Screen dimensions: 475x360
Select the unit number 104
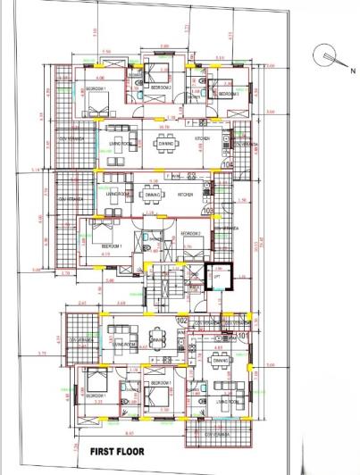(x=227, y=165)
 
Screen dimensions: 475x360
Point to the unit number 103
(x=209, y=212)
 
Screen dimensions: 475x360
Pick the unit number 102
(x=182, y=320)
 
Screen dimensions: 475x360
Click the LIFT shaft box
(x=216, y=279)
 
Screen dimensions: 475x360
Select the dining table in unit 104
(x=169, y=144)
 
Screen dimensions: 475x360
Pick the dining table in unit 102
(x=157, y=340)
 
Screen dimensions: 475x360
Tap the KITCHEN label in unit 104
(x=202, y=139)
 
